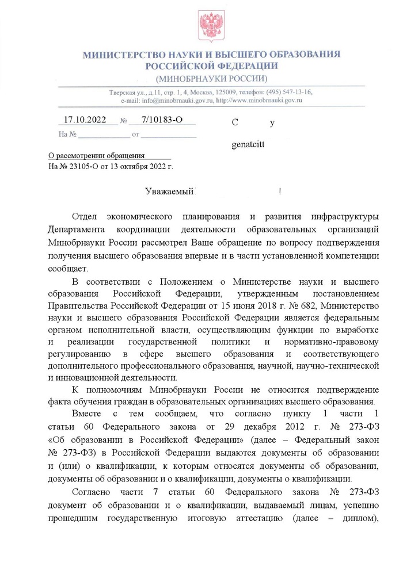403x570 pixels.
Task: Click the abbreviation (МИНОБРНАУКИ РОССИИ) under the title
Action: tap(211, 78)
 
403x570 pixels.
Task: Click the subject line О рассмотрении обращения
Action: tap(95, 156)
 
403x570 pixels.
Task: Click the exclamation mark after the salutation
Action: tap(279, 192)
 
